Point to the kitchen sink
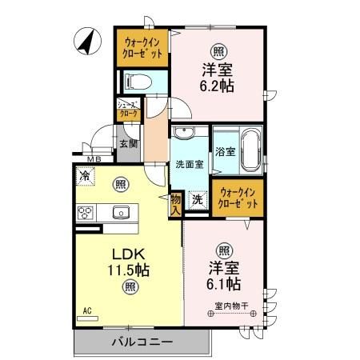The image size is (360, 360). click(x=121, y=212)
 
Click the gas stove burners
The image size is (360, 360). click(x=86, y=213)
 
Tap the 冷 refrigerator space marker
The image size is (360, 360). click(x=83, y=174)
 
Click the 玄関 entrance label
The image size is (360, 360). click(x=128, y=144)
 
